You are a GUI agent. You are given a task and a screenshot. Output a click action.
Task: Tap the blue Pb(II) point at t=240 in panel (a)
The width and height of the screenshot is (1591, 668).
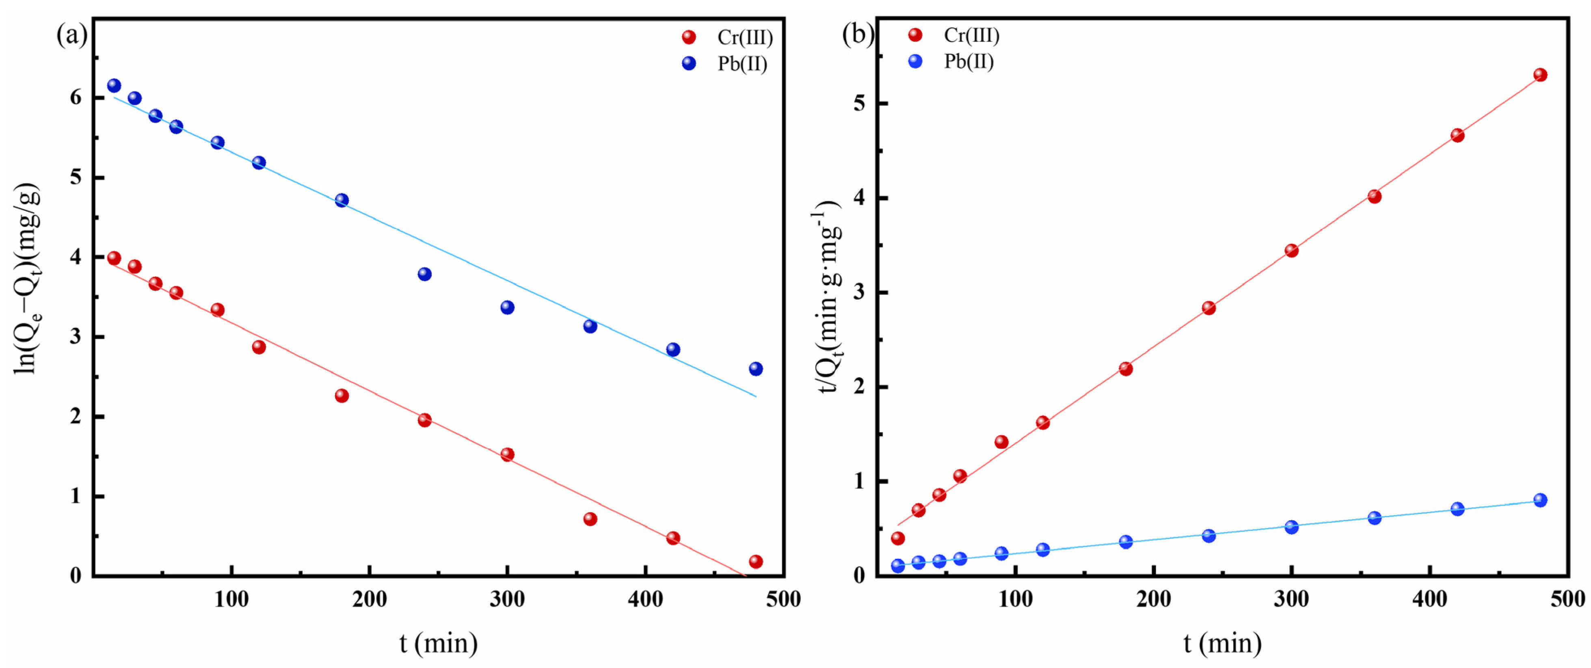[x=424, y=274]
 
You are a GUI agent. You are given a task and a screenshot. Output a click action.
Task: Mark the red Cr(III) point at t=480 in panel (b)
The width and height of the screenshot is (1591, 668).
[x=1540, y=75]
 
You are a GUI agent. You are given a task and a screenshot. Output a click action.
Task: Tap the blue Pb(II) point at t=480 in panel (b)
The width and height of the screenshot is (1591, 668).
[x=1540, y=500]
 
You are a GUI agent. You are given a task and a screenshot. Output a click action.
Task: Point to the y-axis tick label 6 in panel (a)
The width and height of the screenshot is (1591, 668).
[x=76, y=97]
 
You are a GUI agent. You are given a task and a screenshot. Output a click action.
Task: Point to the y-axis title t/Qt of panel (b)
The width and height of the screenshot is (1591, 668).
[x=828, y=296]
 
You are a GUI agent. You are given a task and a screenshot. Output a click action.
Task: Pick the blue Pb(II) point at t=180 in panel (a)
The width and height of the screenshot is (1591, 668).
[x=342, y=200]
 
